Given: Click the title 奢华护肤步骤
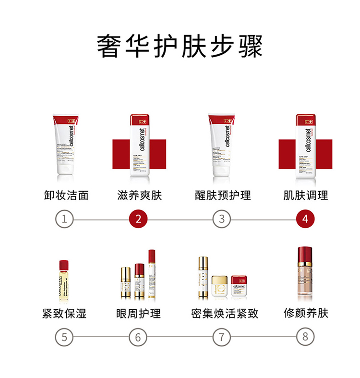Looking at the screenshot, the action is [180, 46].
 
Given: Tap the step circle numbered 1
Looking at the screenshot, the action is [64, 219].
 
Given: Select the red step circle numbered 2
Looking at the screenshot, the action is [138, 219].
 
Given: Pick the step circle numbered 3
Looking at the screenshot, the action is [221, 219].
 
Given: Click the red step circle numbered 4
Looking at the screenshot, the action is [305, 219].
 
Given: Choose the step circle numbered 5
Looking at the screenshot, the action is [64, 337].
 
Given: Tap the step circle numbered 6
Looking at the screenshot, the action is [138, 337].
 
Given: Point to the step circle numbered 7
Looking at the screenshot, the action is [221, 337].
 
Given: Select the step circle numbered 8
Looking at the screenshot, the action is [305, 336].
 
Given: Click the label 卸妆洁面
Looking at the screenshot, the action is [66, 195].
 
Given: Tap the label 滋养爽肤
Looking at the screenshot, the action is [140, 195].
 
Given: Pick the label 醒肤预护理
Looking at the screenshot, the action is [223, 195].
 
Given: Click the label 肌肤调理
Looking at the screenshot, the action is [306, 195].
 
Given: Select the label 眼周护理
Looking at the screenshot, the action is [138, 314].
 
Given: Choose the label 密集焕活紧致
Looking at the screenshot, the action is [225, 314].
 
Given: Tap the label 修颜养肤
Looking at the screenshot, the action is [306, 313].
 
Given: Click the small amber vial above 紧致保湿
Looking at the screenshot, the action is [64, 280].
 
